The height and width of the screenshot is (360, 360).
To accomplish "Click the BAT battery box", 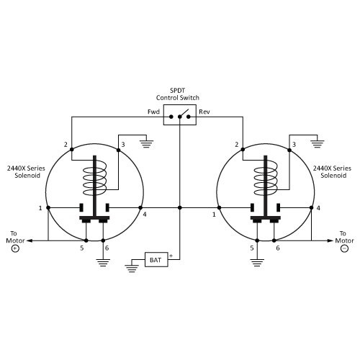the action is (x=156, y=259).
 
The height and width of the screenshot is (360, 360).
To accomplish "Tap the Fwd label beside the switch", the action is (x=153, y=112).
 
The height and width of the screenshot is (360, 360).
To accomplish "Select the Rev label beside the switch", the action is (x=204, y=112).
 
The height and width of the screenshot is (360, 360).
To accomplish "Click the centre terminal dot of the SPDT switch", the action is (x=180, y=117).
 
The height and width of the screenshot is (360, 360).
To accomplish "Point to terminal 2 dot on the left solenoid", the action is (x=71, y=149).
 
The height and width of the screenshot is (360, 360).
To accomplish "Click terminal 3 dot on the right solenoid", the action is (x=289, y=150).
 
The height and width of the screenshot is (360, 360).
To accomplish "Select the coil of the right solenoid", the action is (x=266, y=178).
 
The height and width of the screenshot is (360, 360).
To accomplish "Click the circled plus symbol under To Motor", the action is (x=15, y=248).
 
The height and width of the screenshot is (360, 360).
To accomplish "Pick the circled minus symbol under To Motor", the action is (x=344, y=248).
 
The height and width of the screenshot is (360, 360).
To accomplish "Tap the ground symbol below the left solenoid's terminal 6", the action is (x=103, y=263).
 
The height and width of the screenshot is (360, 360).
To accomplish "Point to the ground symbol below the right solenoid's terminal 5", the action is (x=257, y=263).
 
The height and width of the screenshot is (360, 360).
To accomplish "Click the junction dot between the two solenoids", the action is (x=180, y=207).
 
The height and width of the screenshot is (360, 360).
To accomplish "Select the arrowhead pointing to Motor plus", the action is (x=29, y=240).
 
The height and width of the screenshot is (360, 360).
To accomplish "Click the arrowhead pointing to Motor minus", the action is (x=330, y=240).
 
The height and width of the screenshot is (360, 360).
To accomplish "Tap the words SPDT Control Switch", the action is (x=178, y=94).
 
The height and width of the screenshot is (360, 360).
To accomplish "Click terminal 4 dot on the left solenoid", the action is (x=140, y=207).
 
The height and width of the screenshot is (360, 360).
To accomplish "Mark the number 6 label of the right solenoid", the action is (x=278, y=248).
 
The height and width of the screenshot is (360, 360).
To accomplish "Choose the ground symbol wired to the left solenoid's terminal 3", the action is (x=147, y=143).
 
